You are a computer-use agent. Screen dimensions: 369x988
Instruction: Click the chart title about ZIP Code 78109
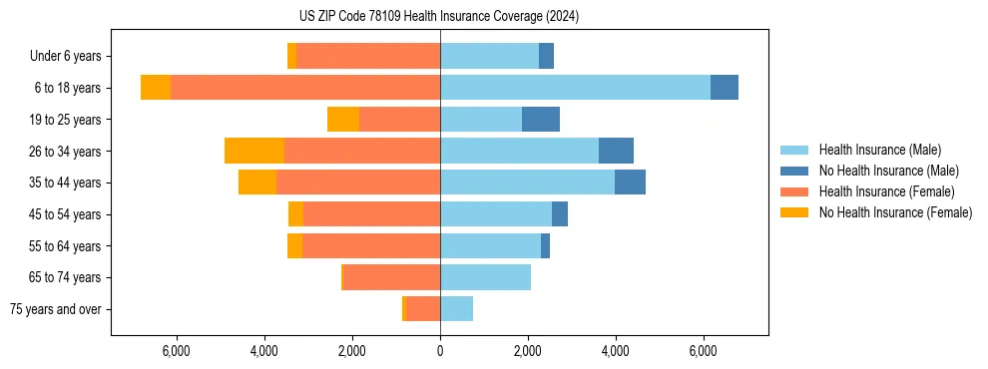tap(439, 17)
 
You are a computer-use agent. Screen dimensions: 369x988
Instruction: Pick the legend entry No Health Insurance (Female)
tap(895, 212)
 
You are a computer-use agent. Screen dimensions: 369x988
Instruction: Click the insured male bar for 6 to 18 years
tap(575, 88)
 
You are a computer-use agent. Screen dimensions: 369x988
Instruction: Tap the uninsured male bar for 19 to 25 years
tap(541, 120)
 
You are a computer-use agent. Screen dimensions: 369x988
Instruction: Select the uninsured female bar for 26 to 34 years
tap(254, 151)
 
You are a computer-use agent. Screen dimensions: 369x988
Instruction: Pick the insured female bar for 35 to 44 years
tap(358, 183)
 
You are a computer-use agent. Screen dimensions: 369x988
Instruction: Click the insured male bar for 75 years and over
tap(456, 309)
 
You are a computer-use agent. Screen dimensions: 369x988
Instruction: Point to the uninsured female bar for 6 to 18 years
tap(156, 88)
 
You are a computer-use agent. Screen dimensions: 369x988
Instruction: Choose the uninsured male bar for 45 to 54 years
tap(560, 214)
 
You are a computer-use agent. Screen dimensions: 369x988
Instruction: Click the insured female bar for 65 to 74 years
tap(391, 277)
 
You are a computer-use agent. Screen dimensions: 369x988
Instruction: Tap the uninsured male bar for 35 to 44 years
tap(630, 183)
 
